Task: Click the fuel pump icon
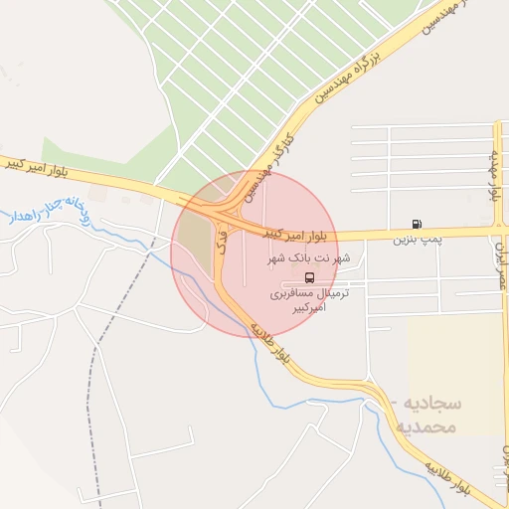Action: coord(415,224)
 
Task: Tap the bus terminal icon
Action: coord(309,277)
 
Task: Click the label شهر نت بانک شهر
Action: coord(309,258)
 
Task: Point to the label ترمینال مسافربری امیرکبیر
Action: coord(305,302)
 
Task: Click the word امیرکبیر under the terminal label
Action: coord(306,310)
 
